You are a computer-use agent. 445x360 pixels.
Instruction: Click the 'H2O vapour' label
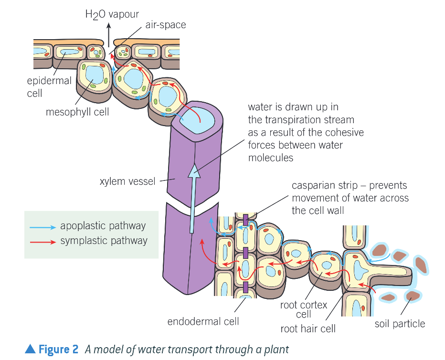105,14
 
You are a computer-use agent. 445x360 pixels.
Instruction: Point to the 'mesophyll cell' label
77,112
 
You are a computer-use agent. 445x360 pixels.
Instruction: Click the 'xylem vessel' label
127,181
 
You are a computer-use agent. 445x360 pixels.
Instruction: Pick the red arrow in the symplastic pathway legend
42,241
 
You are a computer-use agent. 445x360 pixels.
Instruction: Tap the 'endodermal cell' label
203,321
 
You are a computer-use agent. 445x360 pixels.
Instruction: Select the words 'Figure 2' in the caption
58,349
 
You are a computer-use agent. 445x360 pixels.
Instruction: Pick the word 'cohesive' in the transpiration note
344,132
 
